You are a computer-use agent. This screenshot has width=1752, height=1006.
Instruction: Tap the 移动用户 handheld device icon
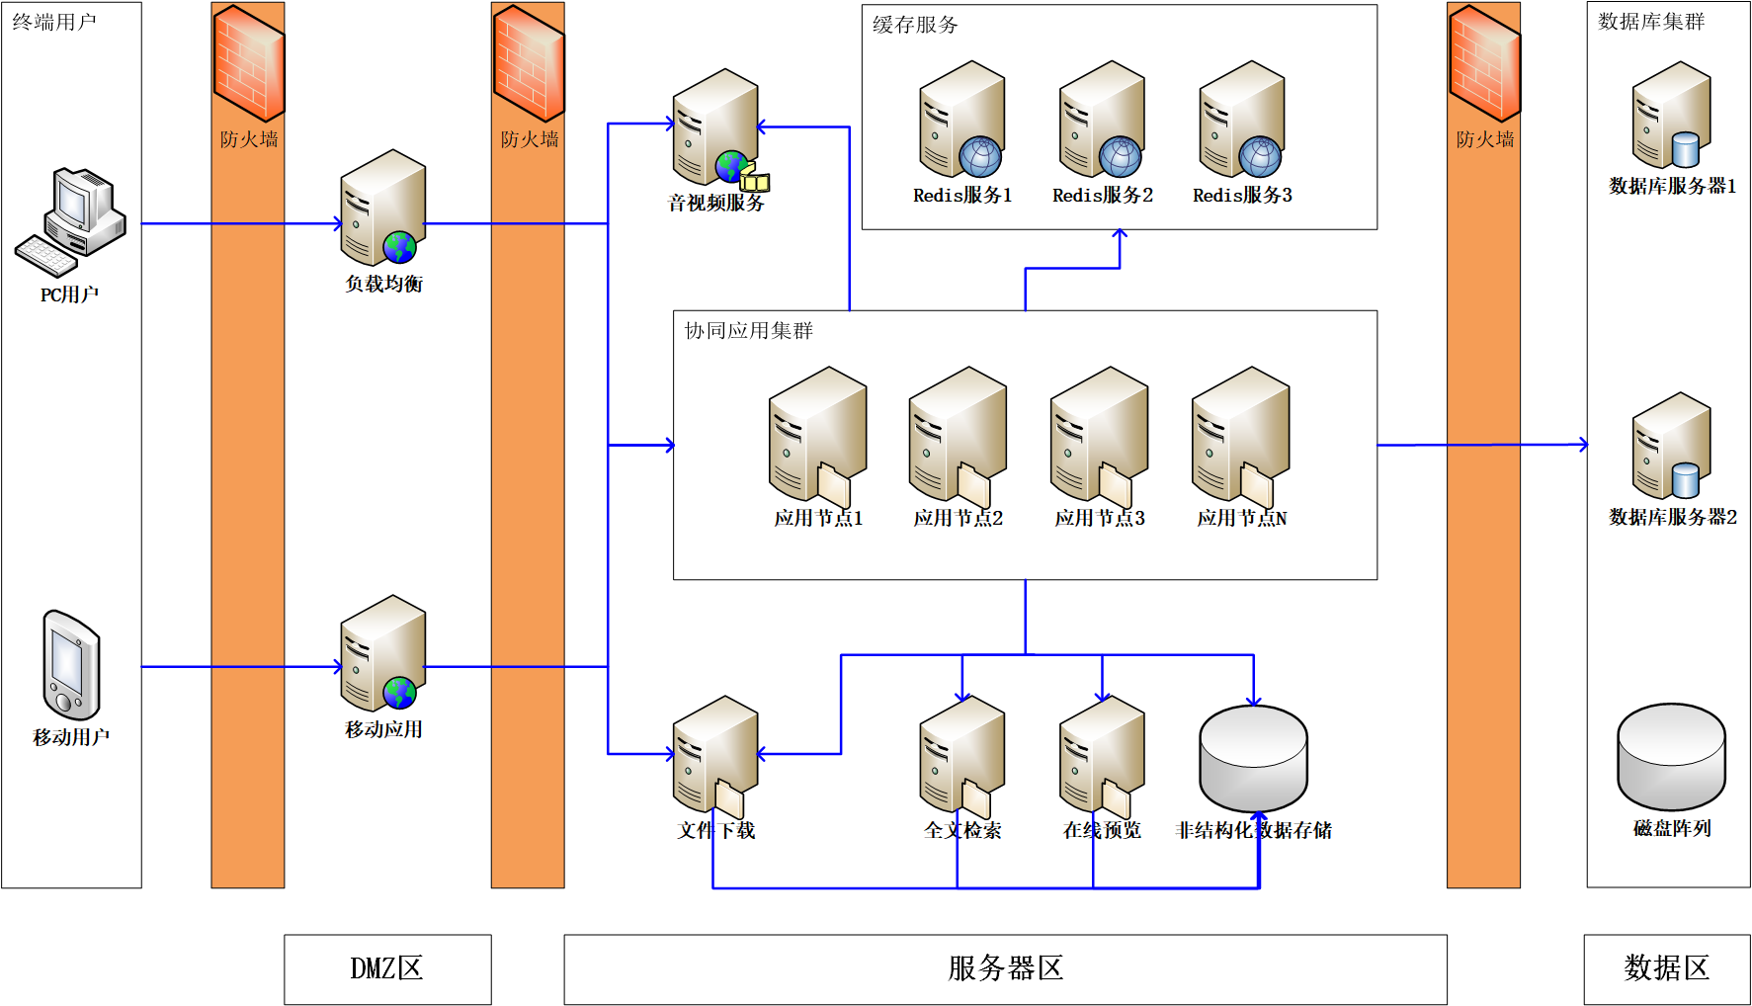tap(71, 665)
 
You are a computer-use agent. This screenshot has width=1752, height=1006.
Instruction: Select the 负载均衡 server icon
tap(382, 209)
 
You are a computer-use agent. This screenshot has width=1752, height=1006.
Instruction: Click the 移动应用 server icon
tap(382, 653)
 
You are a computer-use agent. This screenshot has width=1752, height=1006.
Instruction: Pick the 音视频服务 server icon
tap(716, 127)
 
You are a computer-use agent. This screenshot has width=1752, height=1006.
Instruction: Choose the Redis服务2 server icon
tap(1102, 120)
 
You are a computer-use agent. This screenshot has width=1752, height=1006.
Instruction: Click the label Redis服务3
tap(1242, 196)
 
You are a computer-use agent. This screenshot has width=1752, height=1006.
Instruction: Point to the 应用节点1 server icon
tap(817, 435)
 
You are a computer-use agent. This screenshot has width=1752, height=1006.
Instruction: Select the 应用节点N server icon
tap(1240, 435)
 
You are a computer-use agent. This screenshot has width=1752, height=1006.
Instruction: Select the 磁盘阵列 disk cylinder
tap(1671, 757)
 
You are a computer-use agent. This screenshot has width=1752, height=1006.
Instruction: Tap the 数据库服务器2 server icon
tap(1671, 446)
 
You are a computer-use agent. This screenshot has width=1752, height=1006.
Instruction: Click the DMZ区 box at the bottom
tap(387, 968)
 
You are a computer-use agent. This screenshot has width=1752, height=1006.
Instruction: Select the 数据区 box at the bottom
tap(1666, 968)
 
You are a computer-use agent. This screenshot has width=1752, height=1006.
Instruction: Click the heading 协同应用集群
tap(748, 331)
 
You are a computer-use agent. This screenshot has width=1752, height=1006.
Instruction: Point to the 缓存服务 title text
tap(915, 25)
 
